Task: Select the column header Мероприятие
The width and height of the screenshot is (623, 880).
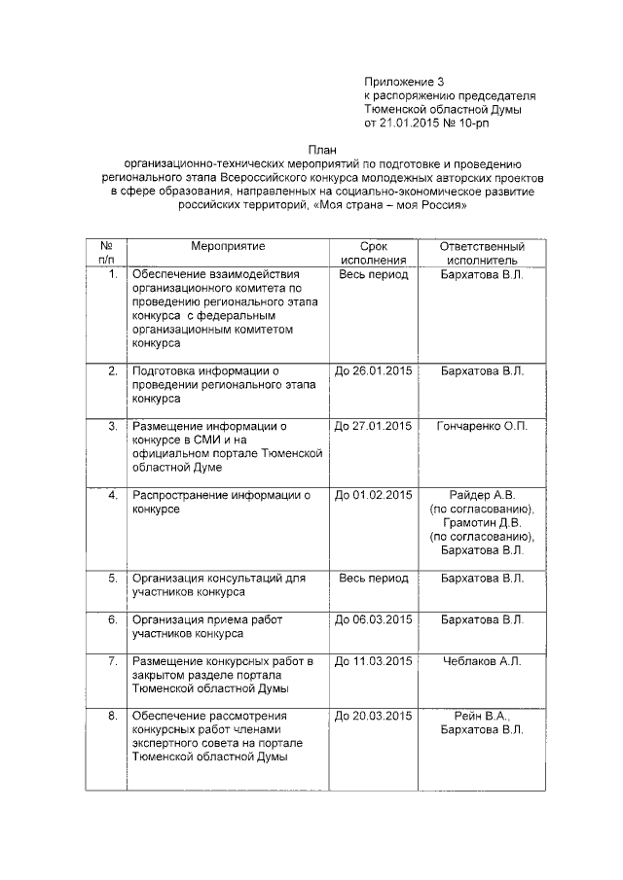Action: coord(228,247)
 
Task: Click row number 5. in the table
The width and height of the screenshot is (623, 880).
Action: coord(112,578)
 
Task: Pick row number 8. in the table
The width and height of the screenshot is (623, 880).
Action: coord(112,716)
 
